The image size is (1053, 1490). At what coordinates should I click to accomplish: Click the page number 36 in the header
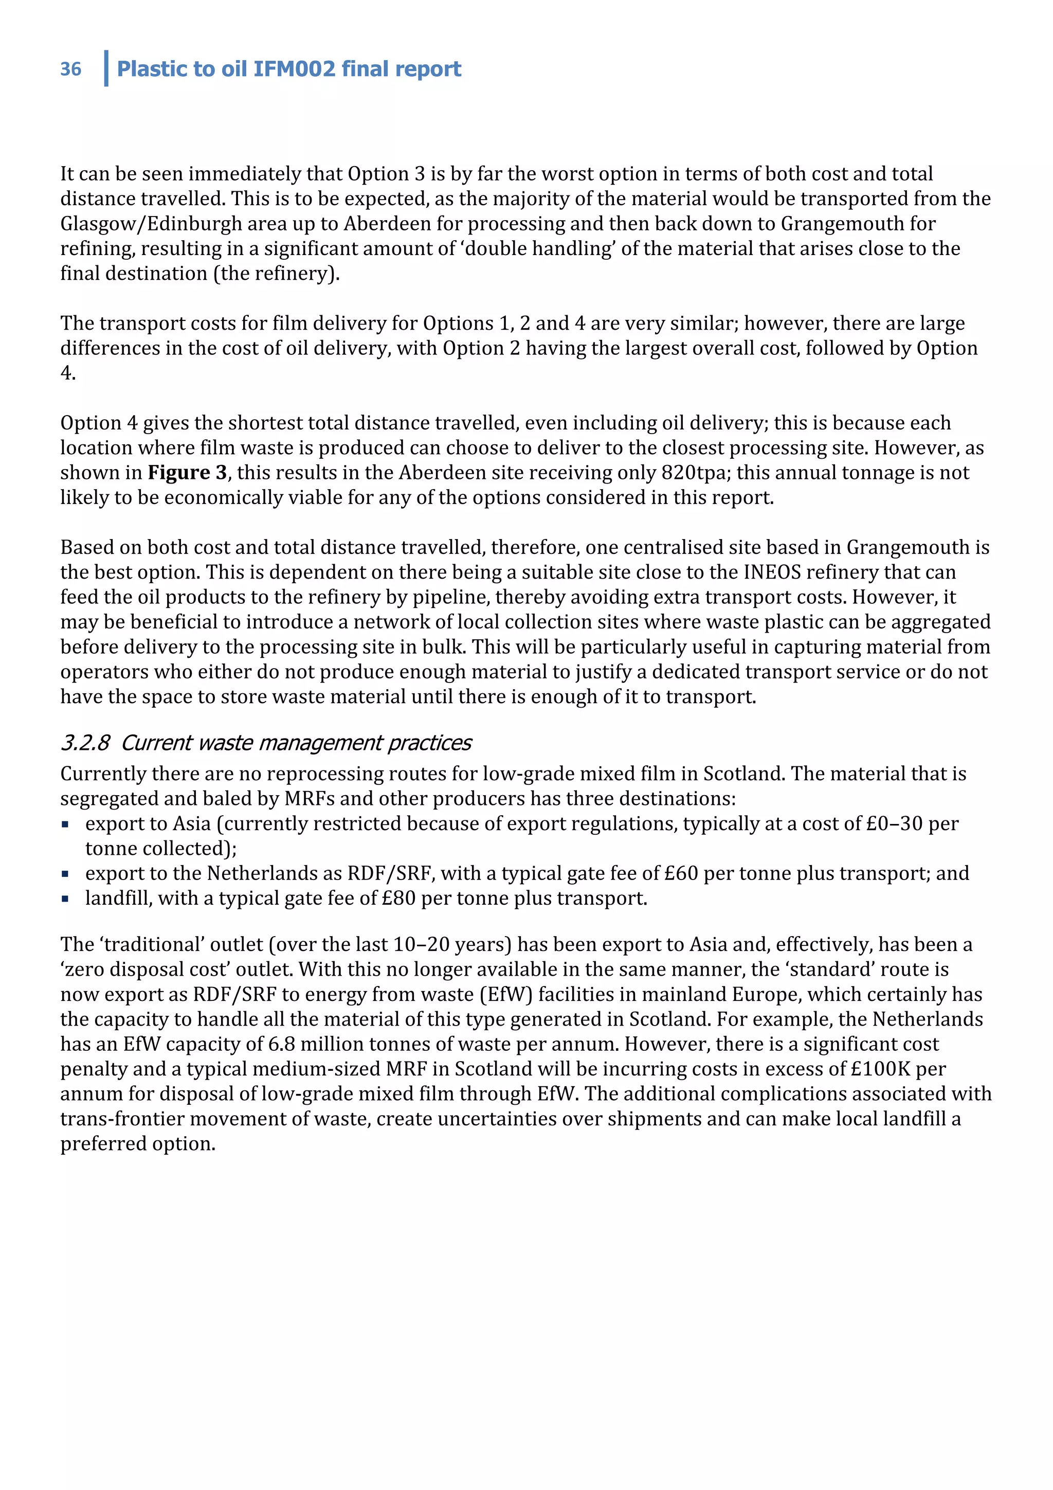point(71,69)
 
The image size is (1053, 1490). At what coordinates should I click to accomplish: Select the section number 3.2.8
point(85,742)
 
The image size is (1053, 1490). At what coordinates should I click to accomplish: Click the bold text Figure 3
point(187,473)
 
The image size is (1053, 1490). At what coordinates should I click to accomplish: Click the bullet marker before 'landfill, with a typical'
point(65,899)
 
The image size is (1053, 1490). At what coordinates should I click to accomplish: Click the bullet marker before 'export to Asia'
point(65,824)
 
